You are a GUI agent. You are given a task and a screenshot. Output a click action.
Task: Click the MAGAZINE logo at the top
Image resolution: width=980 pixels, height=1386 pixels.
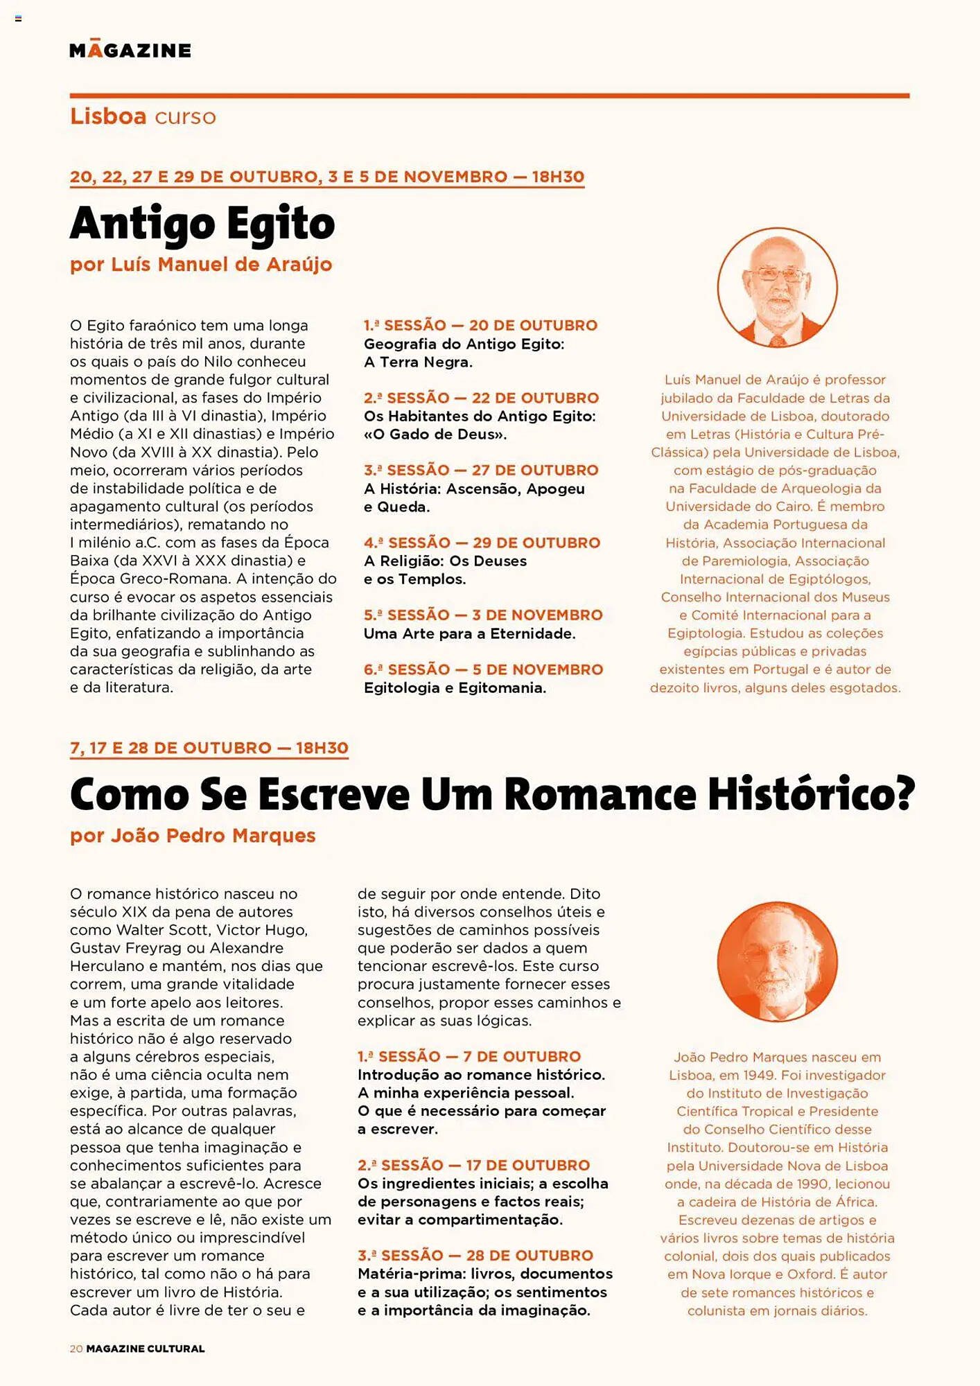pos(130,50)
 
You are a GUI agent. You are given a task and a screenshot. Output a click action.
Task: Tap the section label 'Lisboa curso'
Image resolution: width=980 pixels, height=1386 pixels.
pos(143,116)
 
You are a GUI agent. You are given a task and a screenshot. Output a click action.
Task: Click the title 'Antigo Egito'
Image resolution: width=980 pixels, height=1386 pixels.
pos(202,224)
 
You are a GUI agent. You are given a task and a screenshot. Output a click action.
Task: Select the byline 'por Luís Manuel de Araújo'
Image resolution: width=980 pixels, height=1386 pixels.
pos(201,265)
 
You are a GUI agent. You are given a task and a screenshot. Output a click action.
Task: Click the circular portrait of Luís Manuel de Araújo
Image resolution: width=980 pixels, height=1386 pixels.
pos(777,287)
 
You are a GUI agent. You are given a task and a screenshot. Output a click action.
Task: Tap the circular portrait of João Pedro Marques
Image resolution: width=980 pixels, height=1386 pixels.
pos(777,961)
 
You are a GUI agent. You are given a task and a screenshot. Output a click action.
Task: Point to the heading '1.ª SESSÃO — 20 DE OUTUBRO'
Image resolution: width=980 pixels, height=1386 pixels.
pos(480,326)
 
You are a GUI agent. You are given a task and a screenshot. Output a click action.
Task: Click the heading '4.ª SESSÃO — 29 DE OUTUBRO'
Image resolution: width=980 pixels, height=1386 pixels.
pos(482,543)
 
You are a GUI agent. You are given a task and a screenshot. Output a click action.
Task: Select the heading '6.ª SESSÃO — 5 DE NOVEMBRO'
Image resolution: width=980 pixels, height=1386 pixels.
pos(483,669)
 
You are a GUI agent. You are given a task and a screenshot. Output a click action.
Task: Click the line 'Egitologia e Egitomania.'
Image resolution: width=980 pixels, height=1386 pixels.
pos(455,687)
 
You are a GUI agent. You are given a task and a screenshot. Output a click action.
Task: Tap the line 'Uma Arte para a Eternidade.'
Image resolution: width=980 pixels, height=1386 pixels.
pos(469,633)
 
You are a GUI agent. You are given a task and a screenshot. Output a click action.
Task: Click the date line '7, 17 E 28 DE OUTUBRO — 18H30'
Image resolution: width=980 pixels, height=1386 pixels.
pos(209,748)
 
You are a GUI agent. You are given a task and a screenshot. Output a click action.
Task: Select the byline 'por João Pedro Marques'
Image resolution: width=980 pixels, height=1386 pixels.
pos(193,836)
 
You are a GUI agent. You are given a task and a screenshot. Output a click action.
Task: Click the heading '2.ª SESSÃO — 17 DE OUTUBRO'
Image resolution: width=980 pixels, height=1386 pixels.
pos(473,1165)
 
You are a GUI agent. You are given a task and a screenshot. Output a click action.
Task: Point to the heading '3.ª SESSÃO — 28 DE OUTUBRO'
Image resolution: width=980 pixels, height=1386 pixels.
pos(475,1255)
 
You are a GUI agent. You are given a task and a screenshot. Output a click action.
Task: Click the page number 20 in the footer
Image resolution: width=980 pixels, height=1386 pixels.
pos(76,1349)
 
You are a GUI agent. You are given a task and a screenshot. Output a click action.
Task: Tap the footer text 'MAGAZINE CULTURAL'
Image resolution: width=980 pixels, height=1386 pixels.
pos(146,1349)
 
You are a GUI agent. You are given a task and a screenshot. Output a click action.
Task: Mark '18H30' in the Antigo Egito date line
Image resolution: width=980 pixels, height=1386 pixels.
pos(558,177)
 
